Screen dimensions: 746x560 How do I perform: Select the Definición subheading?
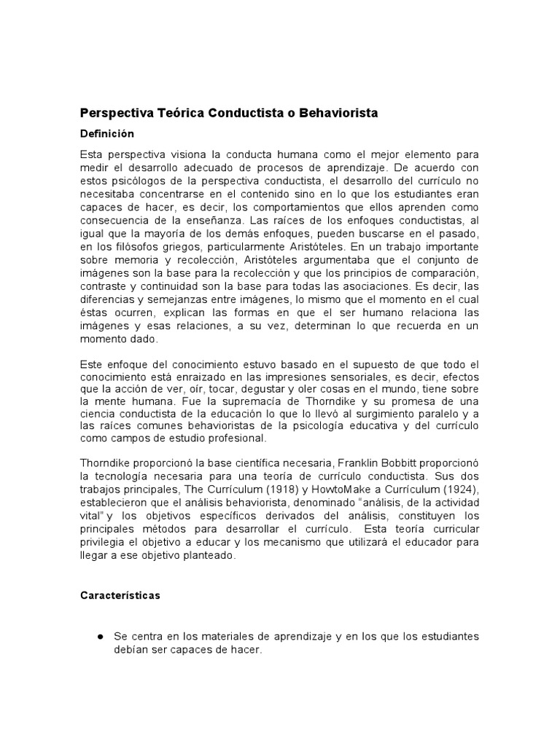[x=107, y=134]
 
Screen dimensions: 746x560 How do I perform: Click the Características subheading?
[x=120, y=595]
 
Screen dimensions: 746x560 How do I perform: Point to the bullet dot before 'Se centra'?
[x=98, y=637]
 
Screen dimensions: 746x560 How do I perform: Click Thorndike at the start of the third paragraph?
[x=108, y=464]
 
